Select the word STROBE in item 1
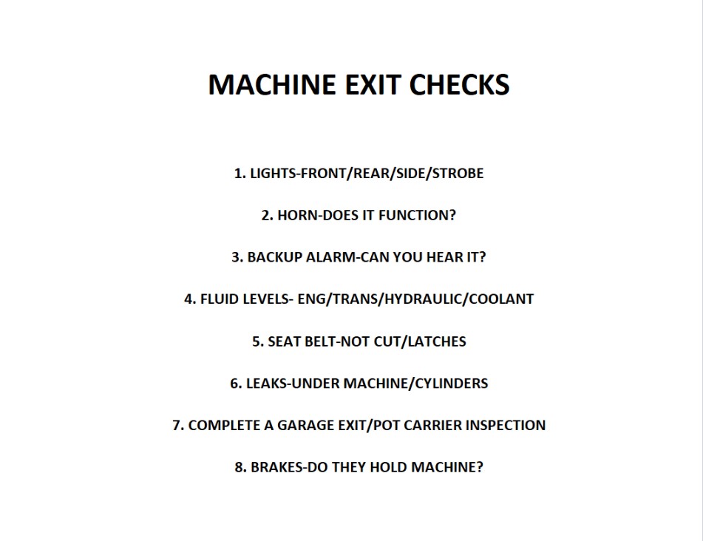[458, 174]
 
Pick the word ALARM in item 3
[319, 257]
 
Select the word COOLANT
[502, 299]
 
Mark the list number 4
[189, 299]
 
